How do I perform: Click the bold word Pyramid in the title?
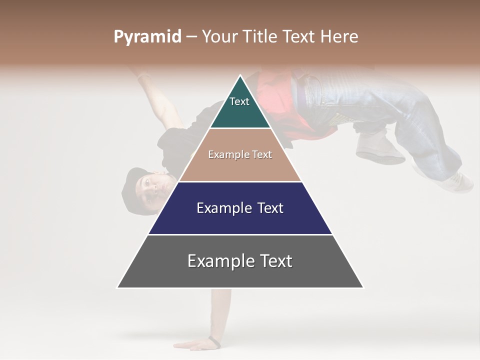pos(147,37)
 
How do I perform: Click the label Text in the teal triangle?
pos(239,101)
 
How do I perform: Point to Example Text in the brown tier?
pos(240,154)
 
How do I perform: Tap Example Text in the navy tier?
pos(240,208)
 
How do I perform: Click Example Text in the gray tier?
pos(240,261)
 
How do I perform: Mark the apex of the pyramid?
pos(240,76)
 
